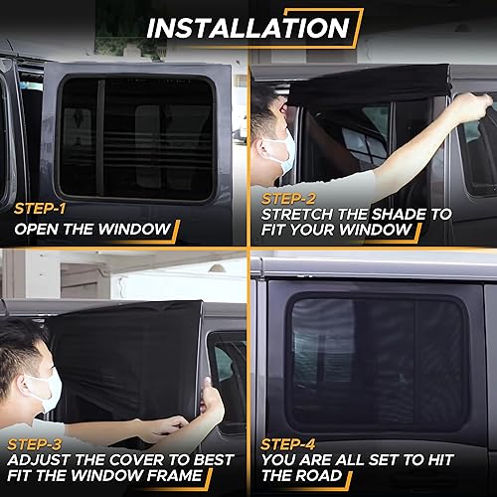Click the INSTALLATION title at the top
[248, 27]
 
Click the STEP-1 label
[41, 210]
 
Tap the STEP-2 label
[288, 198]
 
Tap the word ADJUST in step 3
[40, 460]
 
